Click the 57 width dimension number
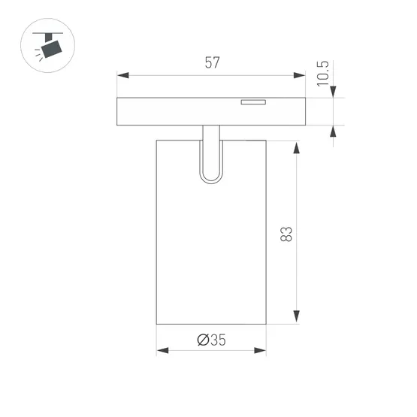(212, 63)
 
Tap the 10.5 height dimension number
(323, 74)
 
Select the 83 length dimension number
(286, 234)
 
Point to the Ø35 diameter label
(211, 340)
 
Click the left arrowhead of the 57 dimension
(123, 75)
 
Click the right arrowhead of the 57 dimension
(299, 75)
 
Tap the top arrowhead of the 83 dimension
(296, 147)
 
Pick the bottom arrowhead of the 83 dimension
(296, 316)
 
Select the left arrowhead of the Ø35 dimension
(162, 351)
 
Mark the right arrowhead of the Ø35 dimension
(260, 351)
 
